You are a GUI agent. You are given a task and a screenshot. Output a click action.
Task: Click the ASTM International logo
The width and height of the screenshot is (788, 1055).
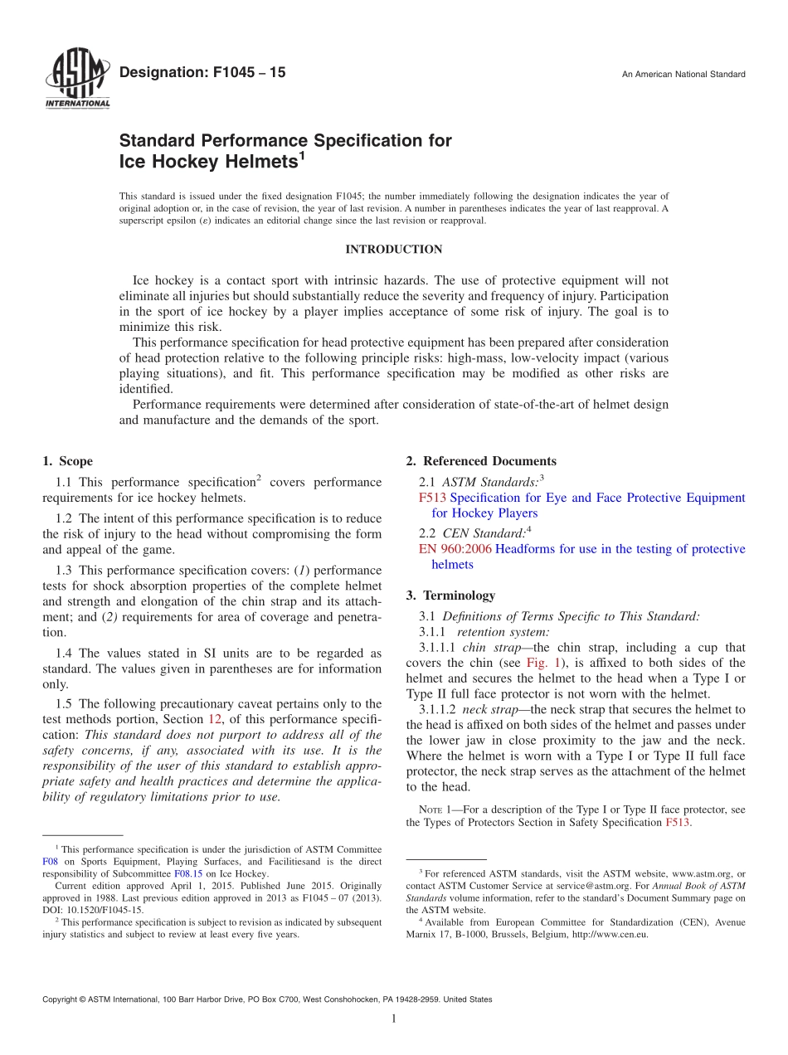pyautogui.click(x=76, y=80)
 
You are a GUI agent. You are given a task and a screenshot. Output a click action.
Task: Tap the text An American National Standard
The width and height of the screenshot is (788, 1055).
pyautogui.click(x=683, y=75)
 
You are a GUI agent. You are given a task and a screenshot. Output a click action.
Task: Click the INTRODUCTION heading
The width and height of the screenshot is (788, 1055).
pyautogui.click(x=393, y=250)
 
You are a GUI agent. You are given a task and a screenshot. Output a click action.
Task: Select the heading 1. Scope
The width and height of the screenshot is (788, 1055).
pyautogui.click(x=67, y=462)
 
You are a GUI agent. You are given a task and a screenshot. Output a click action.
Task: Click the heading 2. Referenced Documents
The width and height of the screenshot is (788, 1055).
pyautogui.click(x=481, y=462)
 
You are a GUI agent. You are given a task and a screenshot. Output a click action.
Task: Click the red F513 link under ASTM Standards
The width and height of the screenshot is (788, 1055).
pyautogui.click(x=433, y=498)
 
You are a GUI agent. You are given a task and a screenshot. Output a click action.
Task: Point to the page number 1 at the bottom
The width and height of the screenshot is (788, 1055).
pyautogui.click(x=393, y=1019)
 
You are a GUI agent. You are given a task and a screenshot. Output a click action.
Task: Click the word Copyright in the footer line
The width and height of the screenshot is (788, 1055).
pyautogui.click(x=62, y=999)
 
